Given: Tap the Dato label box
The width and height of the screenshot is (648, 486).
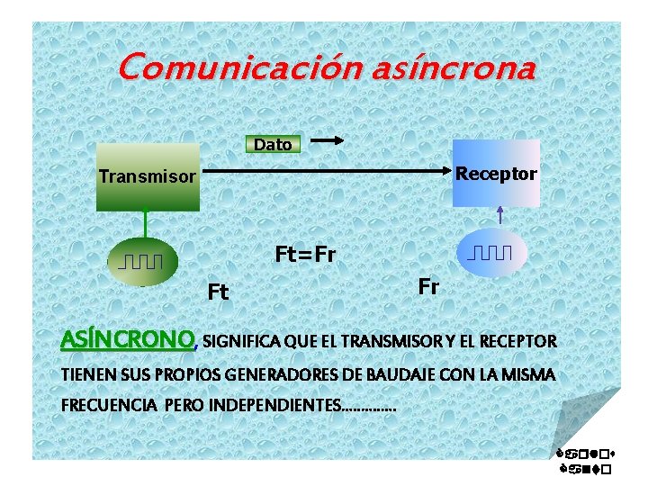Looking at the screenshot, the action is click(x=273, y=144).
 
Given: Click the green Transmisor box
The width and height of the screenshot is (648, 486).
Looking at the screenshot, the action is click(x=148, y=177).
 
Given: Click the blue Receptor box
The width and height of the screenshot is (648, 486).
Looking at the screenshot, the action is click(x=496, y=174).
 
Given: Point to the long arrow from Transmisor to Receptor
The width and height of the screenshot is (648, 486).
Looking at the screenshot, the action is click(x=324, y=169).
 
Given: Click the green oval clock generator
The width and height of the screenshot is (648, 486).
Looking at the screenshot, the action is click(x=144, y=262).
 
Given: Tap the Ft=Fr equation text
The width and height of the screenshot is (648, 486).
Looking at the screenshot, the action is click(x=305, y=255).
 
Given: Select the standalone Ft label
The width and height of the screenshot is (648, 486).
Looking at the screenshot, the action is click(x=218, y=292).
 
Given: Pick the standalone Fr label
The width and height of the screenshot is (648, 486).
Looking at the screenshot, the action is click(x=428, y=287).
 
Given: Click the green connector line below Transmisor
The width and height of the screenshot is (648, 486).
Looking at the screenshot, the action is click(x=145, y=224).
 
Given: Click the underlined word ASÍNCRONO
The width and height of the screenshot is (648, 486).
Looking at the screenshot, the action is click(x=127, y=340).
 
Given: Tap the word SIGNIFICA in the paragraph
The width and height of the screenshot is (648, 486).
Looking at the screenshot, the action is click(x=241, y=342).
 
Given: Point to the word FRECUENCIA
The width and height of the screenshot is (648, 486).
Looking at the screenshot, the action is click(x=109, y=405).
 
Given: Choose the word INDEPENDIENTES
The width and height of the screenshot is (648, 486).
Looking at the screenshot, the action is click(x=274, y=405).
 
